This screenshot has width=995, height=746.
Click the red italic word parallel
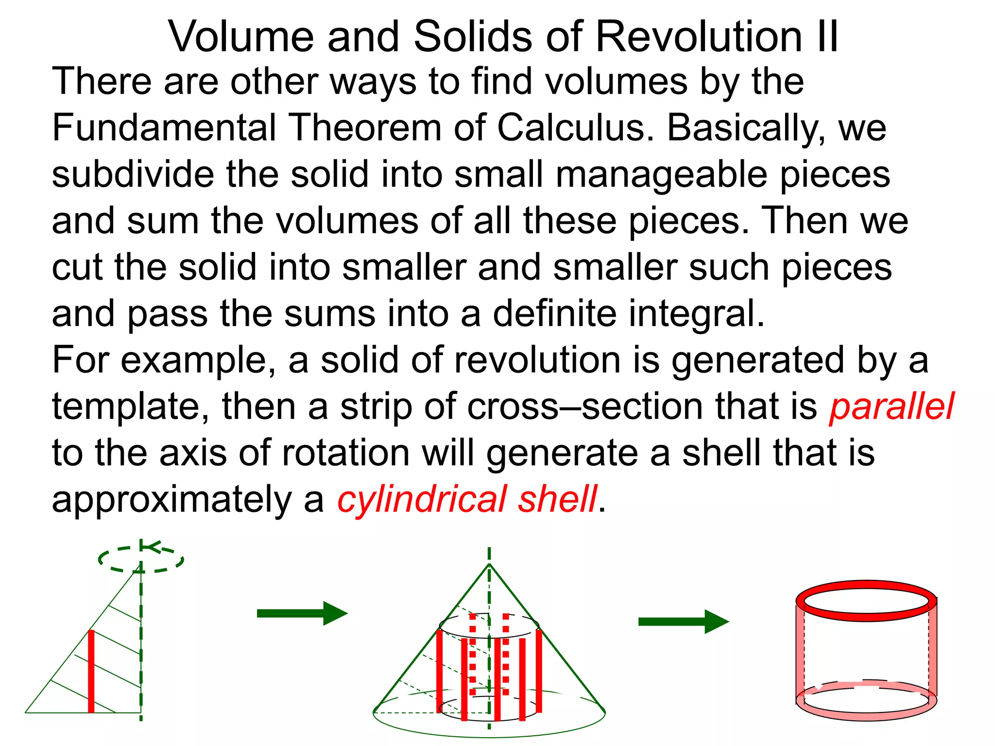(892, 407)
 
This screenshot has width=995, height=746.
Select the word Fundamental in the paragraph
(164, 128)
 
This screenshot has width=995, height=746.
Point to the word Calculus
(575, 128)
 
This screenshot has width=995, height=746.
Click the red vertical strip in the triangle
(91, 671)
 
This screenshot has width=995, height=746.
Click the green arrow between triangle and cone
(301, 613)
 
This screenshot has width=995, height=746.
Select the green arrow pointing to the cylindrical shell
(683, 622)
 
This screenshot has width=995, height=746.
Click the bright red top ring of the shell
(866, 586)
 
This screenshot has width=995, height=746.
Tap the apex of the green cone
(489, 564)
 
